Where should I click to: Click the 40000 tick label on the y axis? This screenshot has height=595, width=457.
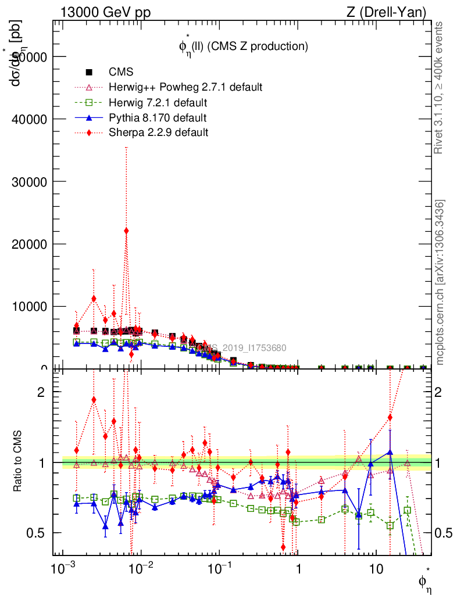[29, 119]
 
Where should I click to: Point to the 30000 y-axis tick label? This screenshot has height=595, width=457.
[29, 181]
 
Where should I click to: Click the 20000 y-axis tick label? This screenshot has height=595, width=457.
[29, 244]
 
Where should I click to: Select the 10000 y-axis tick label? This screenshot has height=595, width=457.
[29, 306]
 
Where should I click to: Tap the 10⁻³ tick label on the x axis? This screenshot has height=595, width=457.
[62, 567]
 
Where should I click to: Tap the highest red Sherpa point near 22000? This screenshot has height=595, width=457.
[126, 231]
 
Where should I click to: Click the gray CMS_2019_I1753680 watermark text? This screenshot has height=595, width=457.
[239, 348]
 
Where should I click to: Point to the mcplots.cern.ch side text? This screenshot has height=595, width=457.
[440, 282]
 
